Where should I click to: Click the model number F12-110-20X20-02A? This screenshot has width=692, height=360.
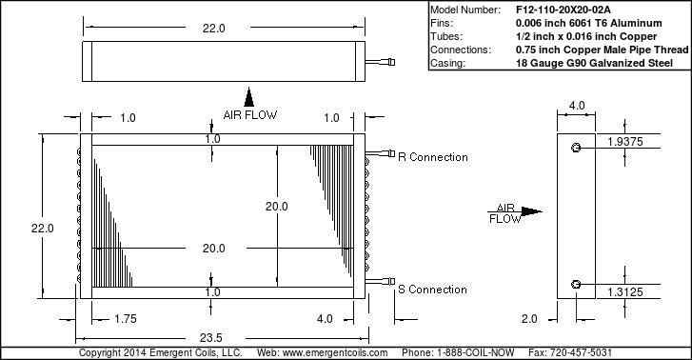coord(563,10)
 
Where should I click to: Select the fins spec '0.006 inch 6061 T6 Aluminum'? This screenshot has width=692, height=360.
coord(589,23)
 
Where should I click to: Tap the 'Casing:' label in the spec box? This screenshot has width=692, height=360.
coord(447,63)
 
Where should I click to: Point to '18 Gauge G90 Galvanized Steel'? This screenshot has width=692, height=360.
coord(594,63)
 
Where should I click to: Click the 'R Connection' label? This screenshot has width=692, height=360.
coord(432,157)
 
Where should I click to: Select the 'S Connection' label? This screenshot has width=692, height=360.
coord(432,290)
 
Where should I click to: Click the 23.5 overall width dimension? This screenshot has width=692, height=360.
coord(211,338)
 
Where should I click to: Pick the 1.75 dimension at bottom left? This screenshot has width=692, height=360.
coord(126,318)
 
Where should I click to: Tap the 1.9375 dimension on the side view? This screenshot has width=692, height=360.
coord(625,141)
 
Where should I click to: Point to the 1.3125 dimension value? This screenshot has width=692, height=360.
coord(625,291)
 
